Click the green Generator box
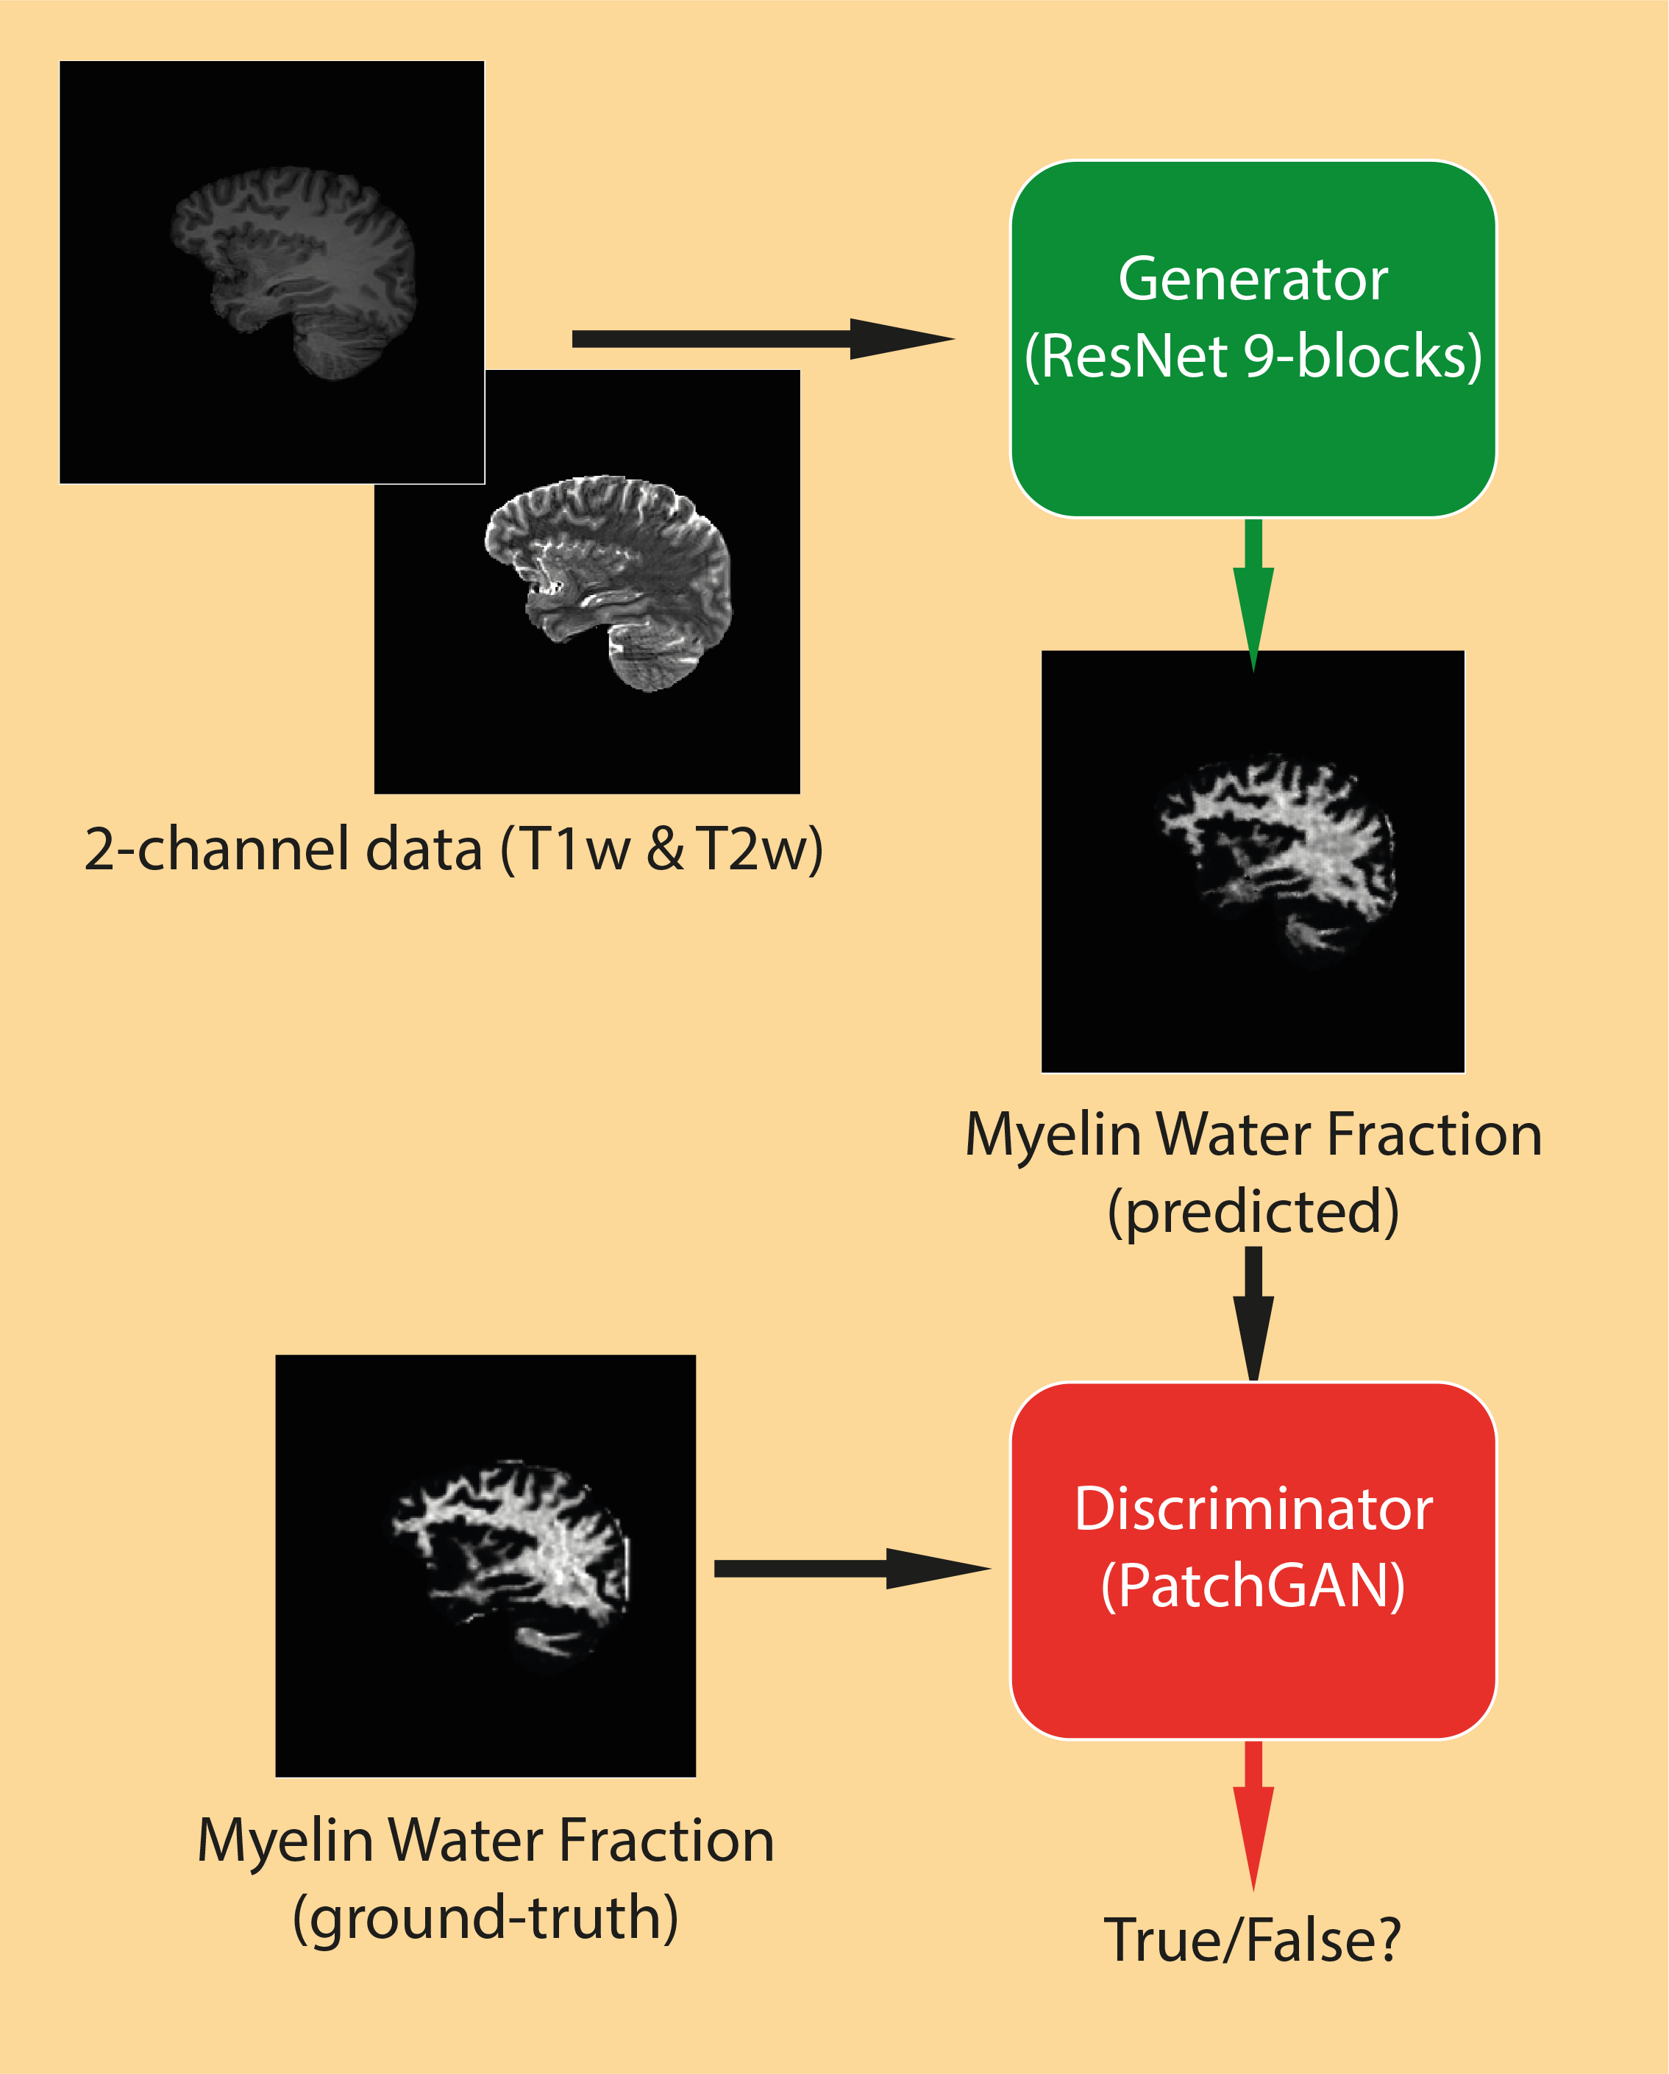click(x=1253, y=443)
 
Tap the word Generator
click(x=1253, y=280)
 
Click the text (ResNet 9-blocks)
click(x=1253, y=357)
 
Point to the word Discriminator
click(x=1253, y=1508)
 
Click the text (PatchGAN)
click(x=1253, y=1586)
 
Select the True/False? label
click(x=1253, y=1939)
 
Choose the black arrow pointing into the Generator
click(x=760, y=338)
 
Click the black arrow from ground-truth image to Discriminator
click(x=851, y=1569)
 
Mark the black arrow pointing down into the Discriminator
click(x=1253, y=1313)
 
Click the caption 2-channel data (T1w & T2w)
click(x=453, y=849)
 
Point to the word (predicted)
click(x=1253, y=1211)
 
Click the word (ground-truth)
click(x=485, y=1917)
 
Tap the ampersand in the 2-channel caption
click(x=666, y=850)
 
